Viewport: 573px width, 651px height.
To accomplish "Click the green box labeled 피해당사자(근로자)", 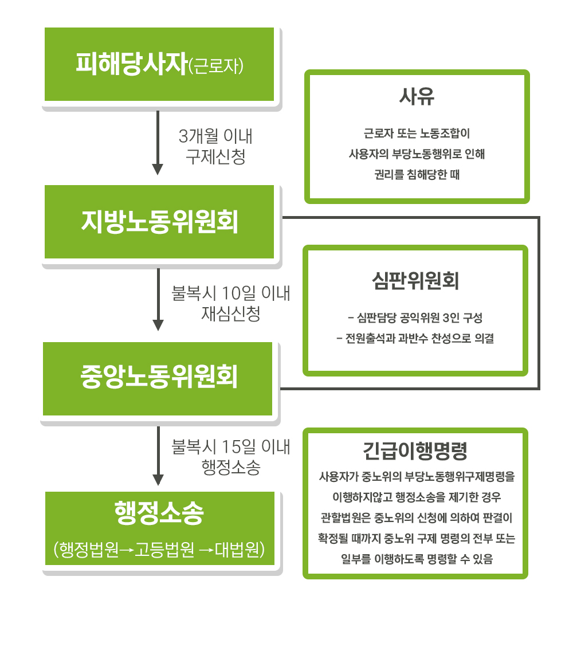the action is [159, 64].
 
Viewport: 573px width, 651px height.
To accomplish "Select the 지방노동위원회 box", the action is [159, 222].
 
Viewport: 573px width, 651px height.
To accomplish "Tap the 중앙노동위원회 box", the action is [158, 379].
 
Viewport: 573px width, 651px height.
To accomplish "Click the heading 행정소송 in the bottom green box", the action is [159, 513].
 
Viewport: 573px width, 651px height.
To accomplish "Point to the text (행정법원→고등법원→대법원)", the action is [159, 549].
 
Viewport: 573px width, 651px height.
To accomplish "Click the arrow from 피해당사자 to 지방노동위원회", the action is [158, 143].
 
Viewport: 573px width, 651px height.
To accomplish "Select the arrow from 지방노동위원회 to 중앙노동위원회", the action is [158, 299].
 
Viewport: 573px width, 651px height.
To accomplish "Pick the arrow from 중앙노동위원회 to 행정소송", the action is [158, 456].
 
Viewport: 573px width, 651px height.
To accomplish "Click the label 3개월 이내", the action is [215, 136].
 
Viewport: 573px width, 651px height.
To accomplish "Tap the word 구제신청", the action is [215, 156].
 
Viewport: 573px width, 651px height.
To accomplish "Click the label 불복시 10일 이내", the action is [231, 293].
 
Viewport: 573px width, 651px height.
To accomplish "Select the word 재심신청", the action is [231, 313].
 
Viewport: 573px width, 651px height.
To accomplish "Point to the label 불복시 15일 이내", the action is [231, 447].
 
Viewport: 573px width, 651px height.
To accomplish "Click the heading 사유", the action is [417, 96].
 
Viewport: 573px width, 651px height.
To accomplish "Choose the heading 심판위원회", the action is [415, 281].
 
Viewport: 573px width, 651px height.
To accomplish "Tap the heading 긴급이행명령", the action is [415, 451].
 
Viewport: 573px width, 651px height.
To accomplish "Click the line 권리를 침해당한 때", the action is [417, 174].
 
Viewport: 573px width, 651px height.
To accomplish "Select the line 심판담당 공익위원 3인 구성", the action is [415, 318].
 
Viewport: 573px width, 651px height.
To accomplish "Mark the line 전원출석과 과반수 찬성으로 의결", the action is [415, 339].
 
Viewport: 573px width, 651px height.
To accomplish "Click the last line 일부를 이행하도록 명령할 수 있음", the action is [417, 559].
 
